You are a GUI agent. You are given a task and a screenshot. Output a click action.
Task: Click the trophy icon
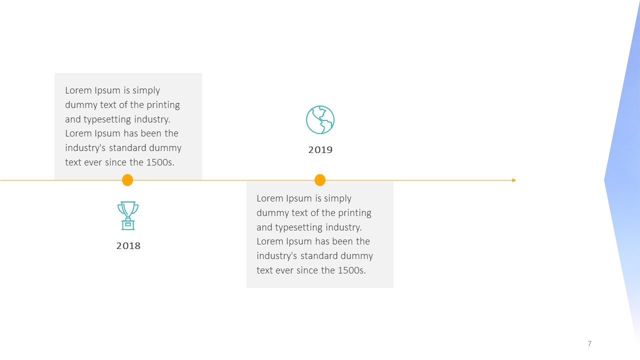pyautogui.click(x=128, y=215)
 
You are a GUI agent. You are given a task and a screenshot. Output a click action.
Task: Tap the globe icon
pyautogui.click(x=320, y=119)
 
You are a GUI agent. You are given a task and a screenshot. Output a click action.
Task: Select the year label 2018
pyautogui.click(x=128, y=245)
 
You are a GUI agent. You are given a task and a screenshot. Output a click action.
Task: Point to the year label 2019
pyautogui.click(x=320, y=149)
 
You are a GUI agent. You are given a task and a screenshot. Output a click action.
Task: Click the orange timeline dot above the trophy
pyautogui.click(x=127, y=180)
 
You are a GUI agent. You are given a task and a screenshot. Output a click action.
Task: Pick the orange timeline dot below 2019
pyautogui.click(x=320, y=180)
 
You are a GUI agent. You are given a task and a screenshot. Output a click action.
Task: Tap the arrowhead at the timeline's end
pyautogui.click(x=514, y=180)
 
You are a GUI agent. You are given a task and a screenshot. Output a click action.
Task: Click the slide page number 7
pyautogui.click(x=589, y=343)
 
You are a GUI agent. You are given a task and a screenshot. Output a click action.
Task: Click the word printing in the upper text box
pyautogui.click(x=163, y=105)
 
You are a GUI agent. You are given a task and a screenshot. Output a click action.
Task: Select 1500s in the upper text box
pyautogui.click(x=160, y=162)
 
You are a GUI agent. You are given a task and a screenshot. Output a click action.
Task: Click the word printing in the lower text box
pyautogui.click(x=354, y=213)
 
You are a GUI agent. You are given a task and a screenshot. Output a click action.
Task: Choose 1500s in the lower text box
pyautogui.click(x=351, y=270)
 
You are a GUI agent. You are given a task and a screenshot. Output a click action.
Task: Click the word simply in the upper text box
pyautogui.click(x=146, y=90)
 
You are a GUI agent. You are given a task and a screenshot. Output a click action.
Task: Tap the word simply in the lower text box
pyautogui.click(x=337, y=198)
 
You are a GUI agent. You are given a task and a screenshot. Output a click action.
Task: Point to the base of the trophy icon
pyautogui.click(x=128, y=225)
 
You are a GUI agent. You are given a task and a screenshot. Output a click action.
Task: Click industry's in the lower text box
pyautogui.click(x=277, y=255)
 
